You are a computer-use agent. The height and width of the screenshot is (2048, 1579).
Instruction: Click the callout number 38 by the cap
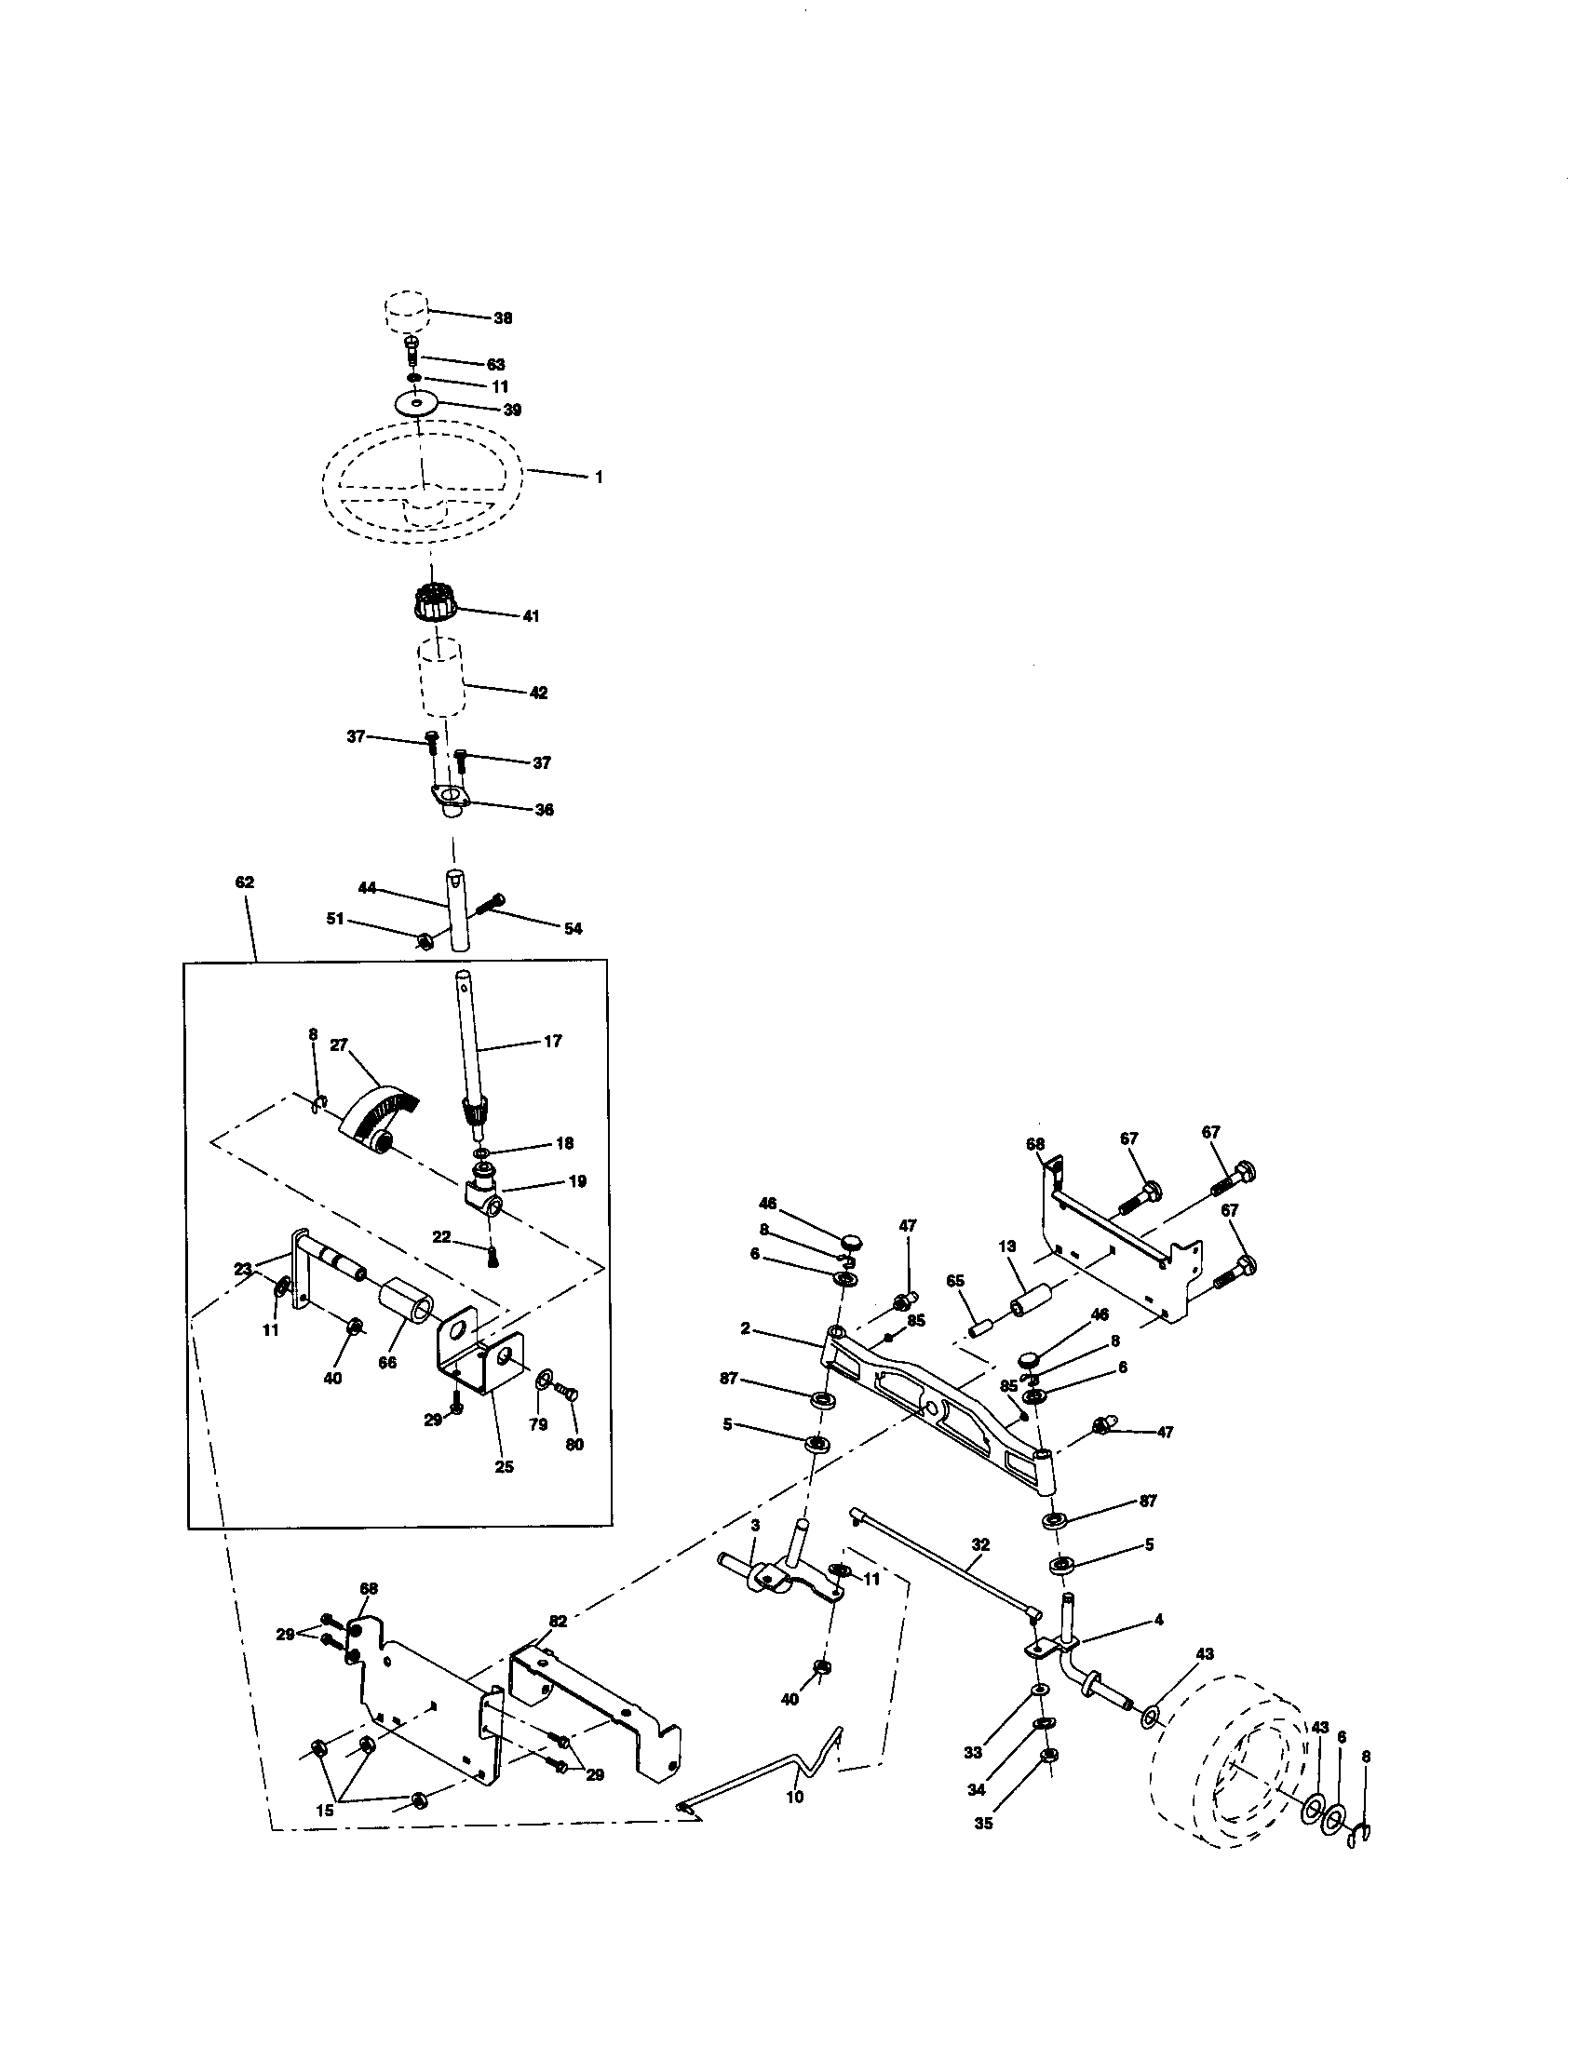click(x=503, y=317)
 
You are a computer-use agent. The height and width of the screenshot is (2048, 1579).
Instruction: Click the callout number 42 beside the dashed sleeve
click(x=538, y=693)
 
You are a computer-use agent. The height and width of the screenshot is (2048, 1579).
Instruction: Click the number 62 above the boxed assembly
click(x=245, y=883)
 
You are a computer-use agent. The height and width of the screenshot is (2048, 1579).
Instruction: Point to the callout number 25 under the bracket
click(x=504, y=1466)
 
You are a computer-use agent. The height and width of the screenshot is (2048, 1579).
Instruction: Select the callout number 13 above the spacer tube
click(x=1007, y=1246)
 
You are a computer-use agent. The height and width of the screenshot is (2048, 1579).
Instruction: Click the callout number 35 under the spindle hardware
click(x=983, y=1823)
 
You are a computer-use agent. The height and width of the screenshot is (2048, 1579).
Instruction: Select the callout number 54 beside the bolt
click(x=573, y=928)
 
